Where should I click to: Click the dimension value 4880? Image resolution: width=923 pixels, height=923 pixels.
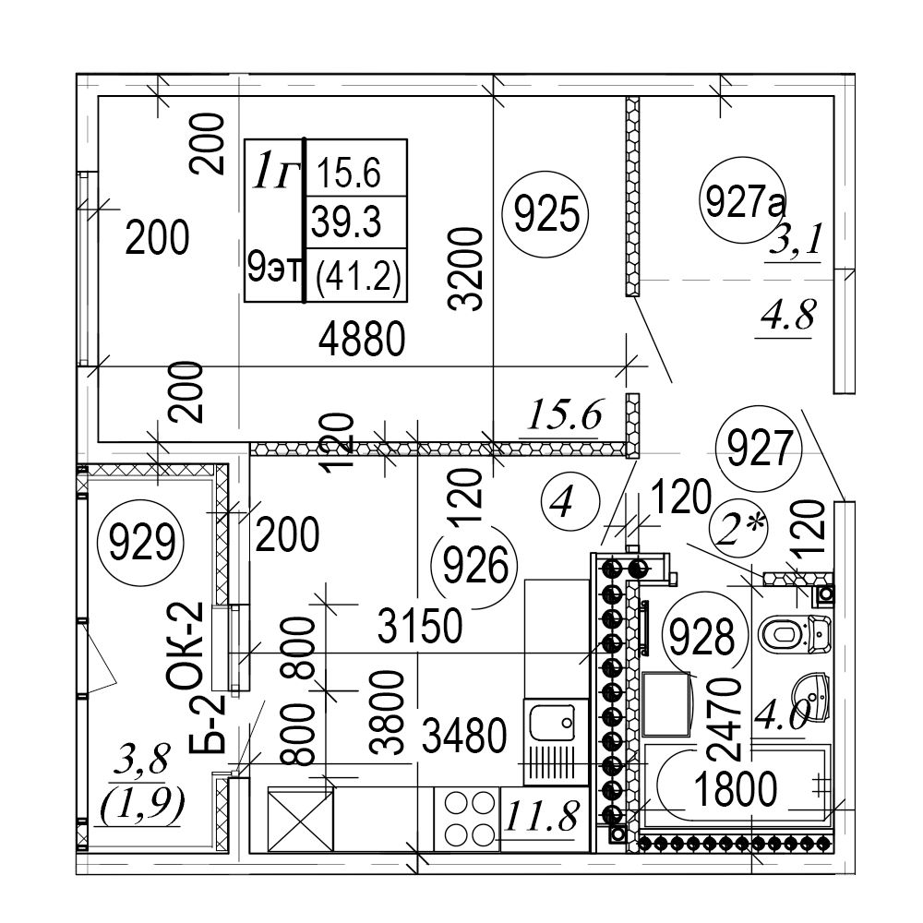coord(362,343)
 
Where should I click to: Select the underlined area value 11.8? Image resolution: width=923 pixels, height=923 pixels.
coord(544,816)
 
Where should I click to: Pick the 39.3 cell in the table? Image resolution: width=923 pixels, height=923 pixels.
coord(347,222)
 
